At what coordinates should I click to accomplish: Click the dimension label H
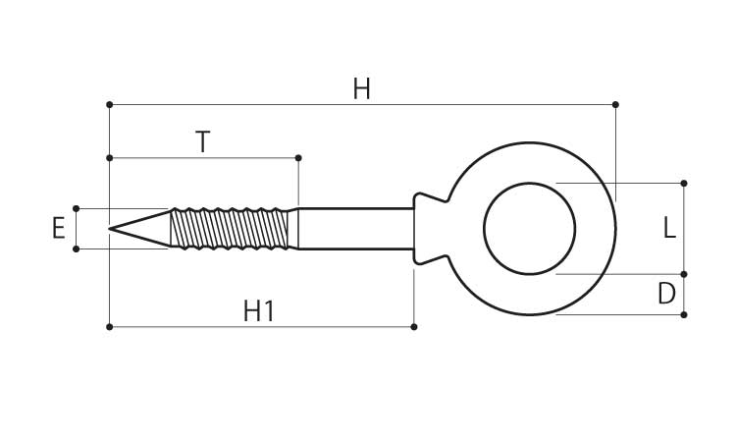361,89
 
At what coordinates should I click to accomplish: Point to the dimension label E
59,229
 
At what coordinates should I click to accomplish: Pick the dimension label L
668,229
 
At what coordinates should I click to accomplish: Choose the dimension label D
667,295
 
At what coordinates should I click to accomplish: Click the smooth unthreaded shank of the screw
353,229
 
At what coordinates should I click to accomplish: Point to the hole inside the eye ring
530,229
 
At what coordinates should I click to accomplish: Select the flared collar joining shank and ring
427,229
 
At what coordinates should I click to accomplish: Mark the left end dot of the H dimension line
109,104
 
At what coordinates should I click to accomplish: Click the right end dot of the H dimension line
615,104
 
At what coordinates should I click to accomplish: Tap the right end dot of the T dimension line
298,157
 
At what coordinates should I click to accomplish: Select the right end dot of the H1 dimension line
414,326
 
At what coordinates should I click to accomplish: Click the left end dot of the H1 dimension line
109,326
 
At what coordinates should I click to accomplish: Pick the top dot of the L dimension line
684,183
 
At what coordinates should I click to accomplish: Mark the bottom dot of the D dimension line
684,314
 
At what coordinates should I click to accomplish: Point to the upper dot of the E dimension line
76,208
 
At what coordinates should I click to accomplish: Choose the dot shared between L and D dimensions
684,274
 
